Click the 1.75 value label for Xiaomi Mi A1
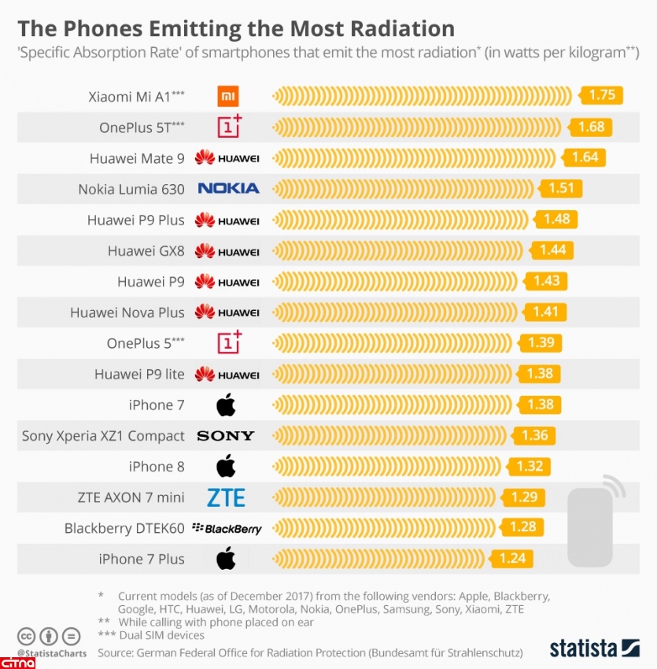602,95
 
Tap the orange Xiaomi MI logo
227,97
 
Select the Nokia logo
228,188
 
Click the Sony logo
226,436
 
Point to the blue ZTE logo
227,497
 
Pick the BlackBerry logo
227,529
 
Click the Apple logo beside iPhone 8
226,466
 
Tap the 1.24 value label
512,559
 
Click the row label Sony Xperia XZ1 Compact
103,436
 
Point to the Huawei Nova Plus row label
127,312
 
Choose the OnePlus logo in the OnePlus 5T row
229,126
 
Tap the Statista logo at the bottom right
594,649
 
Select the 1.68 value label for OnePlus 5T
591,127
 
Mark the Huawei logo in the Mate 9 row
227,158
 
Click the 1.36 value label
534,435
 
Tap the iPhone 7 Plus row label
142,560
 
